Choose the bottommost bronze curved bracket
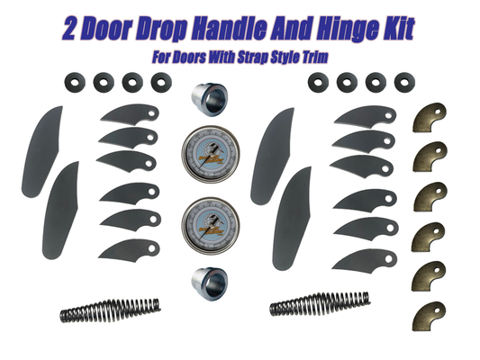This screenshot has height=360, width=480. [430, 315]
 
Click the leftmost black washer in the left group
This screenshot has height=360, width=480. [70, 83]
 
